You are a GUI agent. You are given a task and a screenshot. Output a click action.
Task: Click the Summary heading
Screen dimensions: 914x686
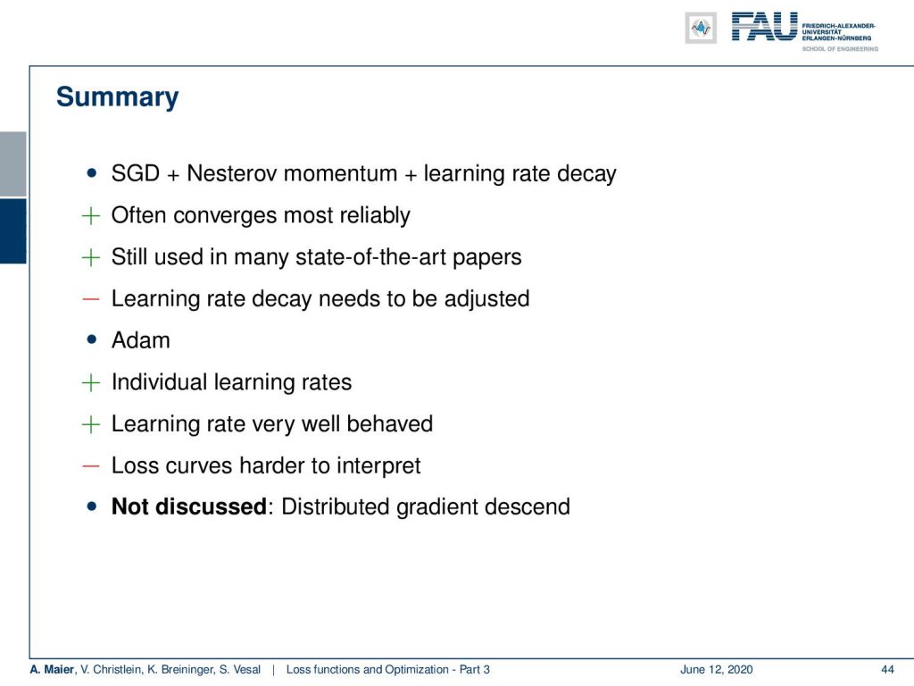[x=117, y=97]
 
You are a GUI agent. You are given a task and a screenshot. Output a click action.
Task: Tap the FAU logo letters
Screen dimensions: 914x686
[x=764, y=26]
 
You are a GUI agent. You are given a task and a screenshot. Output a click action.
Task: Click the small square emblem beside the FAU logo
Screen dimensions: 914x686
[x=701, y=28]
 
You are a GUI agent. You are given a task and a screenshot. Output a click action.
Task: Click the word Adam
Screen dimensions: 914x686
[x=140, y=340]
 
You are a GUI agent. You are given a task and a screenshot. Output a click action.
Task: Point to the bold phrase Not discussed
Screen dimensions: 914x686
[x=189, y=506]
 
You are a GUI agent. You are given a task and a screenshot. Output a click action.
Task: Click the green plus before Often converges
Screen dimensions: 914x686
[x=91, y=215]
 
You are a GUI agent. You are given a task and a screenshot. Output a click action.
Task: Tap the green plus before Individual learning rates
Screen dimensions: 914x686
[x=91, y=382]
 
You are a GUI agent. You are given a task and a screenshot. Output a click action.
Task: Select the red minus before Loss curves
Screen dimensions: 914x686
[x=91, y=466]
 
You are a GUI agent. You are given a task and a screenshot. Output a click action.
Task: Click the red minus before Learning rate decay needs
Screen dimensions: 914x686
[x=91, y=299]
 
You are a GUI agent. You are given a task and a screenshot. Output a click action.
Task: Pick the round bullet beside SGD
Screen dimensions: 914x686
[x=92, y=172]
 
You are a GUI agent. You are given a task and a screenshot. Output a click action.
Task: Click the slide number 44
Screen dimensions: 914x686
[x=887, y=669]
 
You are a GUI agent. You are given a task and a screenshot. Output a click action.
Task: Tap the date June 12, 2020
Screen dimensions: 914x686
[x=717, y=669]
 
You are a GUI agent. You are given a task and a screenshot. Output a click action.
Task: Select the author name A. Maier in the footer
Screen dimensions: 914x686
[x=52, y=669]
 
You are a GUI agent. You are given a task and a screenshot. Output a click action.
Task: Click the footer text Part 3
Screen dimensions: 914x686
[x=474, y=669]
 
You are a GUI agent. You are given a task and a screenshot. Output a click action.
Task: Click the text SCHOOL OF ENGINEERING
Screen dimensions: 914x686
[x=840, y=49]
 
